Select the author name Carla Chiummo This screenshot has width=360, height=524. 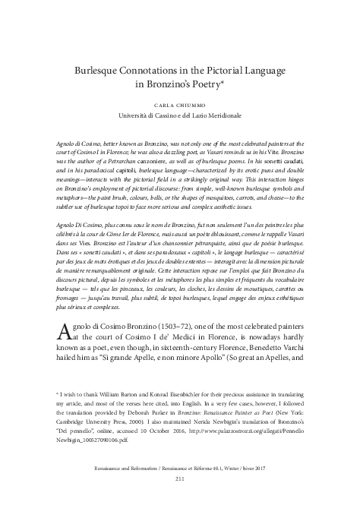coord(180,103)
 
